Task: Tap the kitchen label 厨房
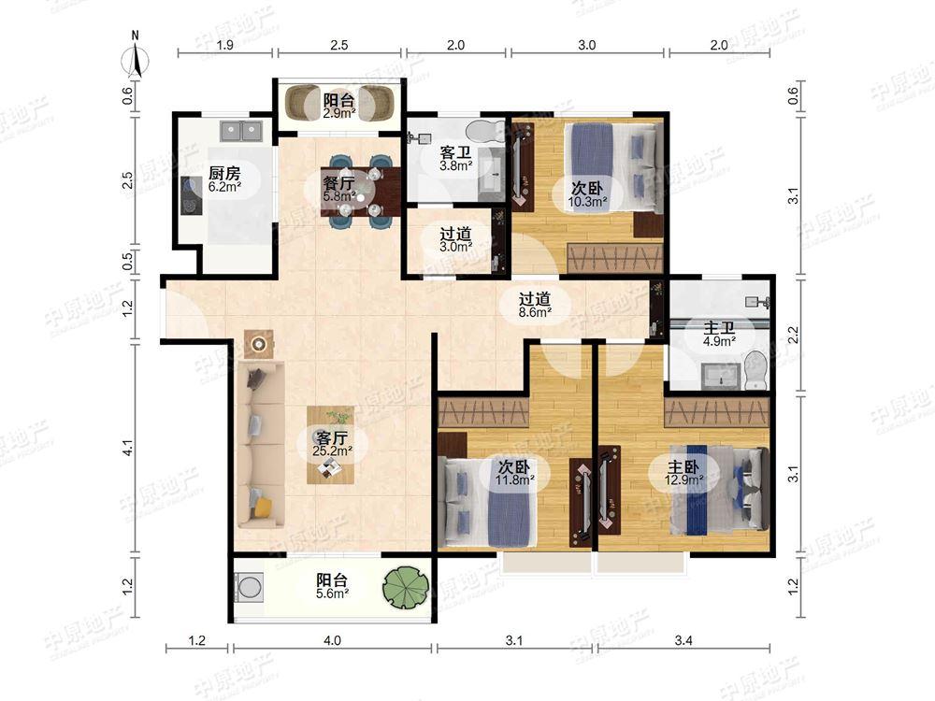click(224, 174)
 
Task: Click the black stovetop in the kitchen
click(191, 195)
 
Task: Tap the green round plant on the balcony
click(406, 587)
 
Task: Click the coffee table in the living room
click(330, 445)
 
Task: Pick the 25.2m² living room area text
click(332, 451)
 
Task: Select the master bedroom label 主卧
click(683, 466)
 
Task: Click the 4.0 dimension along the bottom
click(332, 641)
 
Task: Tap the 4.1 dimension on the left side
click(127, 449)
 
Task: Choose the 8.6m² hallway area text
click(534, 311)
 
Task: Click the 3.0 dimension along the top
click(587, 45)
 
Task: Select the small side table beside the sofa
click(259, 344)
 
